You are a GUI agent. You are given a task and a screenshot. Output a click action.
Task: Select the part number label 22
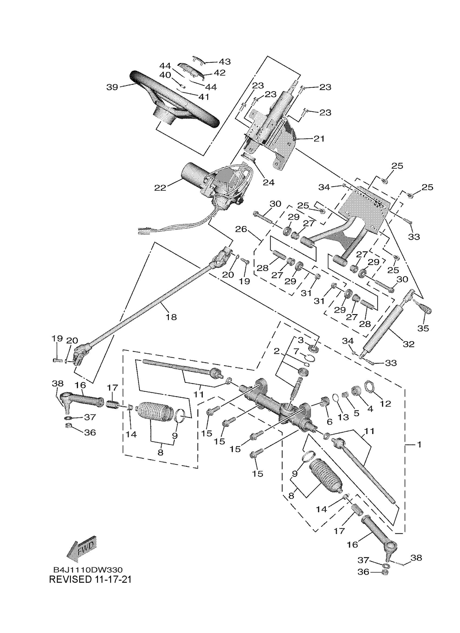[160, 188]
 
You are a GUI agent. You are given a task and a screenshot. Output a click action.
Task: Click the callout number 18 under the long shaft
[171, 317]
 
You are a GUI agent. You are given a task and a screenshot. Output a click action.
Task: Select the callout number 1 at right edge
[418, 444]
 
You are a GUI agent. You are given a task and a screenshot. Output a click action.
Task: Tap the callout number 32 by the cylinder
[409, 344]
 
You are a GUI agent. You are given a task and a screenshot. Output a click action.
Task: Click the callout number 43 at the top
[224, 61]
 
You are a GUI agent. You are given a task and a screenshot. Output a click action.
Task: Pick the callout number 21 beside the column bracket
[319, 138]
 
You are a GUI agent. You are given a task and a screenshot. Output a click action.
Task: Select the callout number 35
[423, 328]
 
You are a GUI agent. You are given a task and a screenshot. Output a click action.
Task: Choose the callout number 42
[219, 73]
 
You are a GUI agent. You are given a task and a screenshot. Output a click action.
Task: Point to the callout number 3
[301, 340]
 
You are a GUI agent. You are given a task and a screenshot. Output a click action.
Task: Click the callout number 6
[330, 422]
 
